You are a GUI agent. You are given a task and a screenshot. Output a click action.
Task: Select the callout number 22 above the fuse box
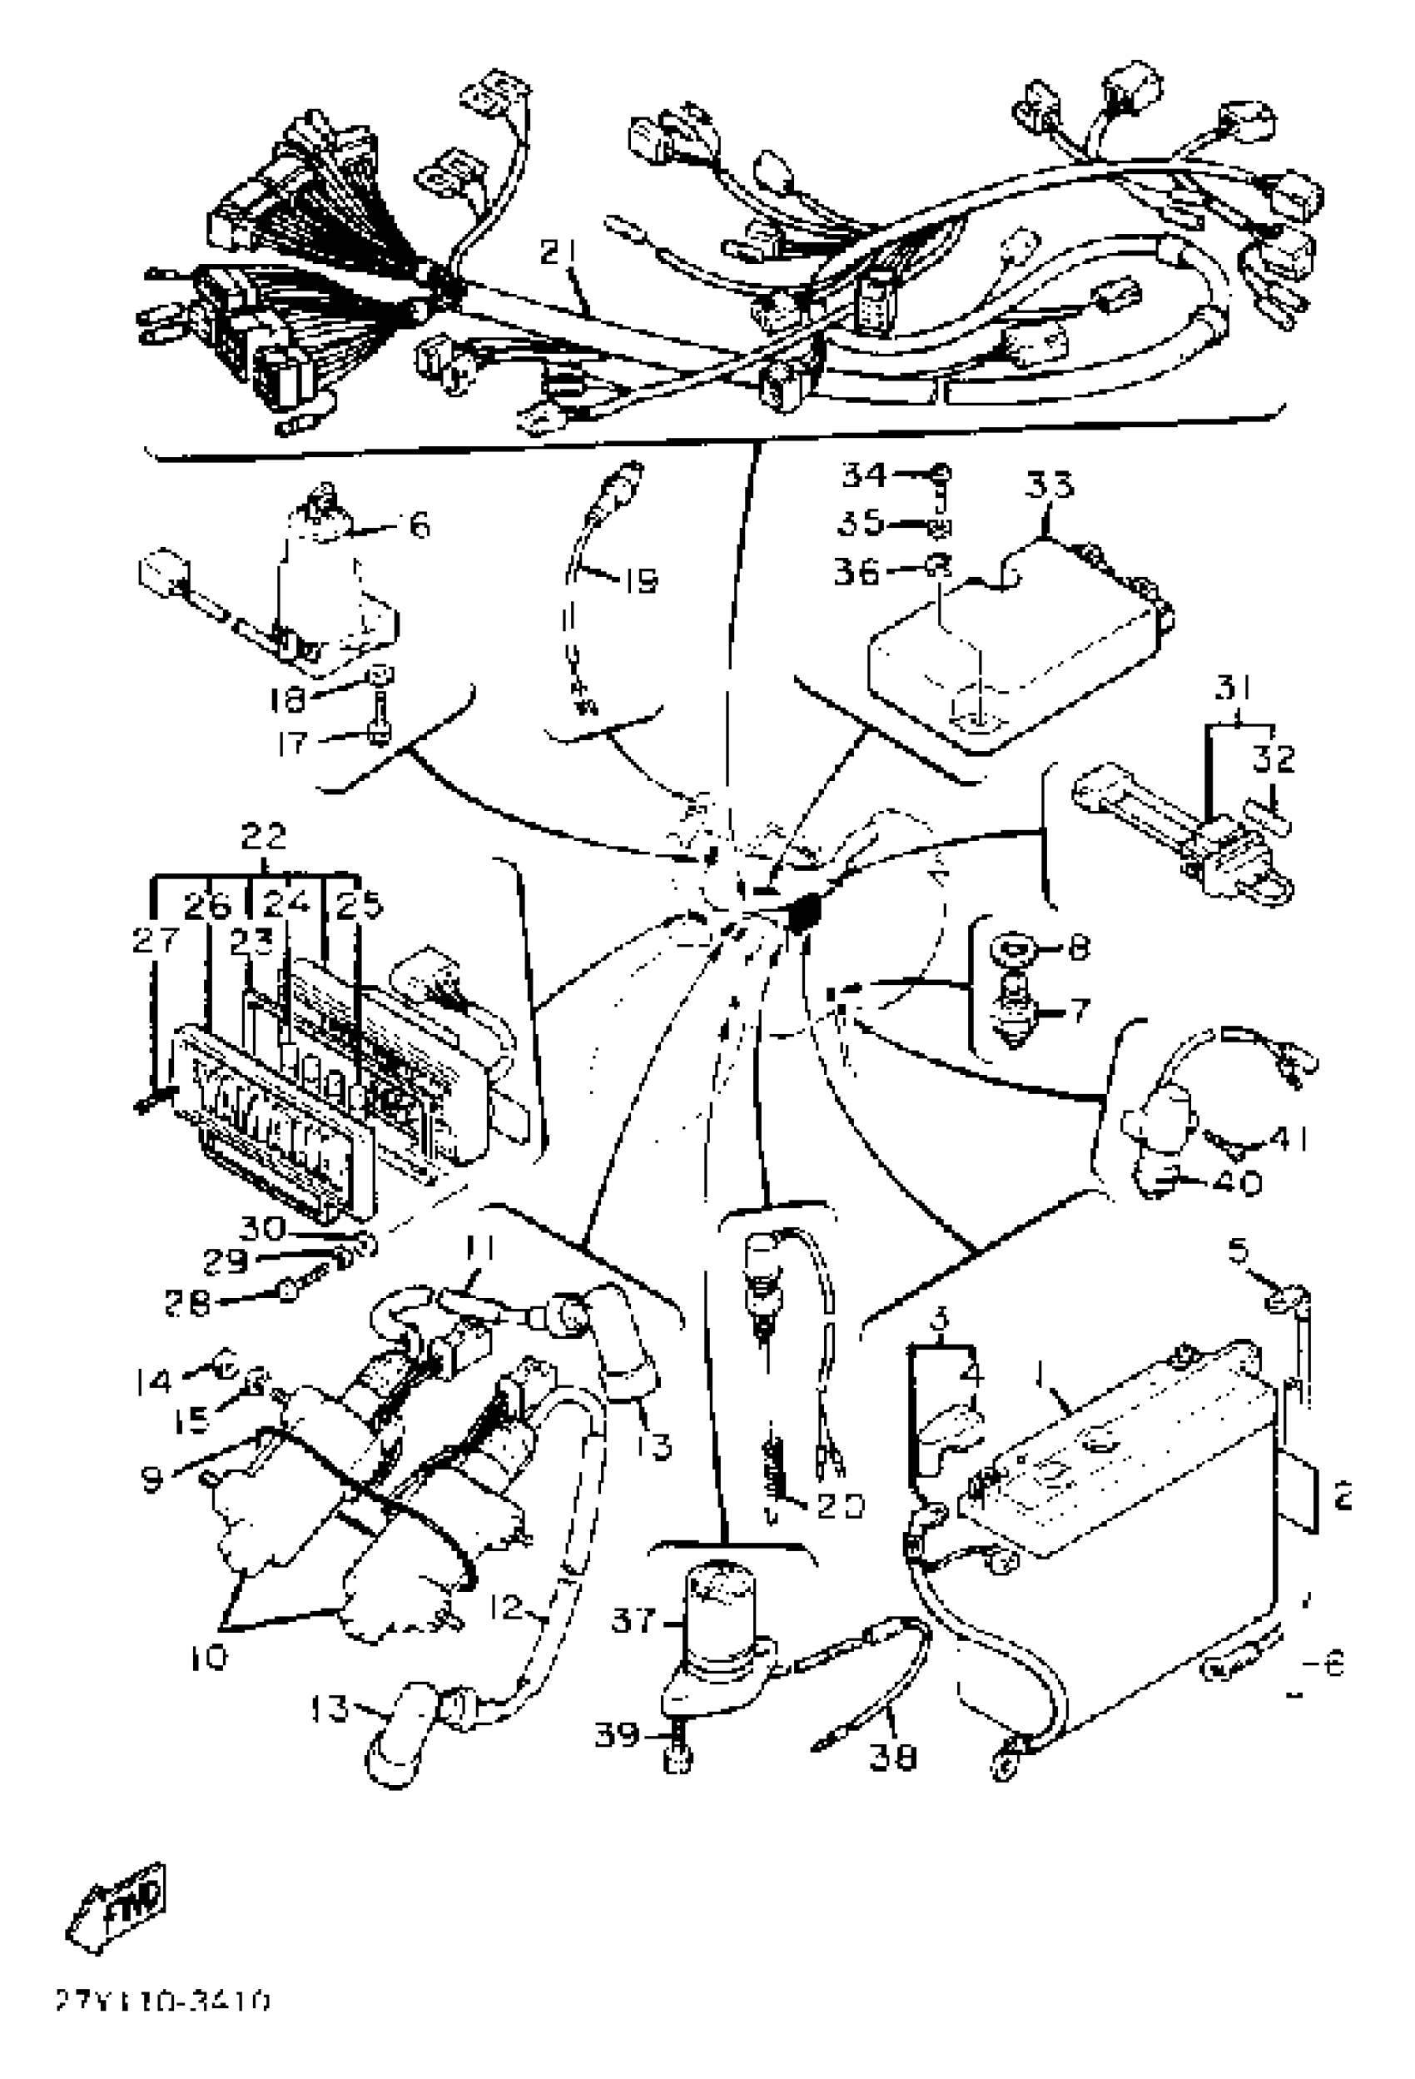[264, 837]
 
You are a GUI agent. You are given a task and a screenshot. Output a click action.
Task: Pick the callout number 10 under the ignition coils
[208, 1658]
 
